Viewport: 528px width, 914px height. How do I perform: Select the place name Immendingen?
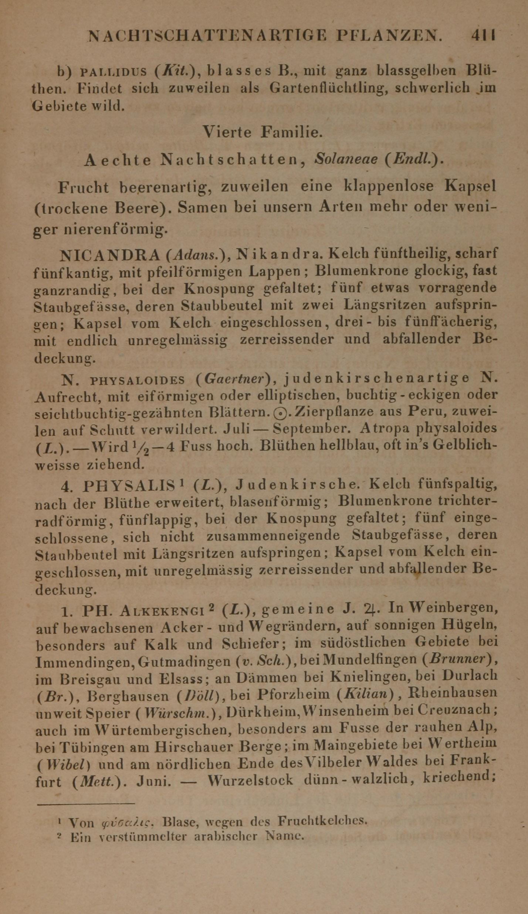coord(84,663)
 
